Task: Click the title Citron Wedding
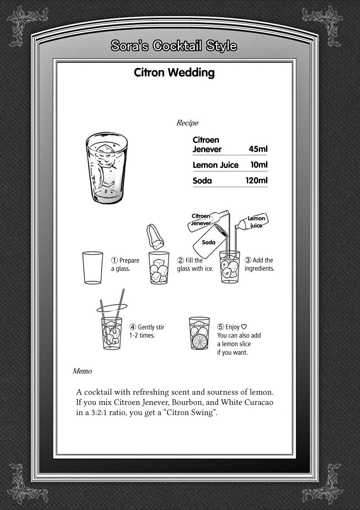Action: tap(174, 73)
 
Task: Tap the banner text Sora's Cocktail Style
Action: tap(173, 46)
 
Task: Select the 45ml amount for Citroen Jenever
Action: tap(258, 149)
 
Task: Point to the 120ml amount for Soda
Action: tap(256, 181)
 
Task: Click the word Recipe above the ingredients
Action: tap(187, 123)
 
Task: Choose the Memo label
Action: tap(82, 371)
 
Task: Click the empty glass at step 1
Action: tap(92, 268)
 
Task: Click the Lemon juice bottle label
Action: tap(256, 222)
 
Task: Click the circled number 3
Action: tap(248, 260)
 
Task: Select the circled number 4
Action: tap(133, 327)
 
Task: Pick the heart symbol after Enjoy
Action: tap(244, 327)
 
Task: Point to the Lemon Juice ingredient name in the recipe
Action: tap(215, 165)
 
